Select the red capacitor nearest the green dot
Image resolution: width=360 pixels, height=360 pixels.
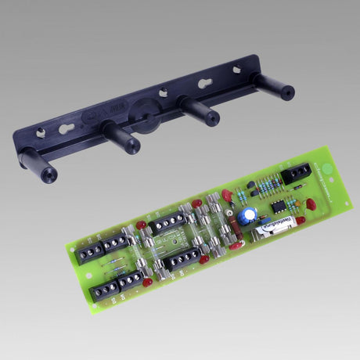point(311,205)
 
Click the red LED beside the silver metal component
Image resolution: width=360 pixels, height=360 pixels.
point(301,220)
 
